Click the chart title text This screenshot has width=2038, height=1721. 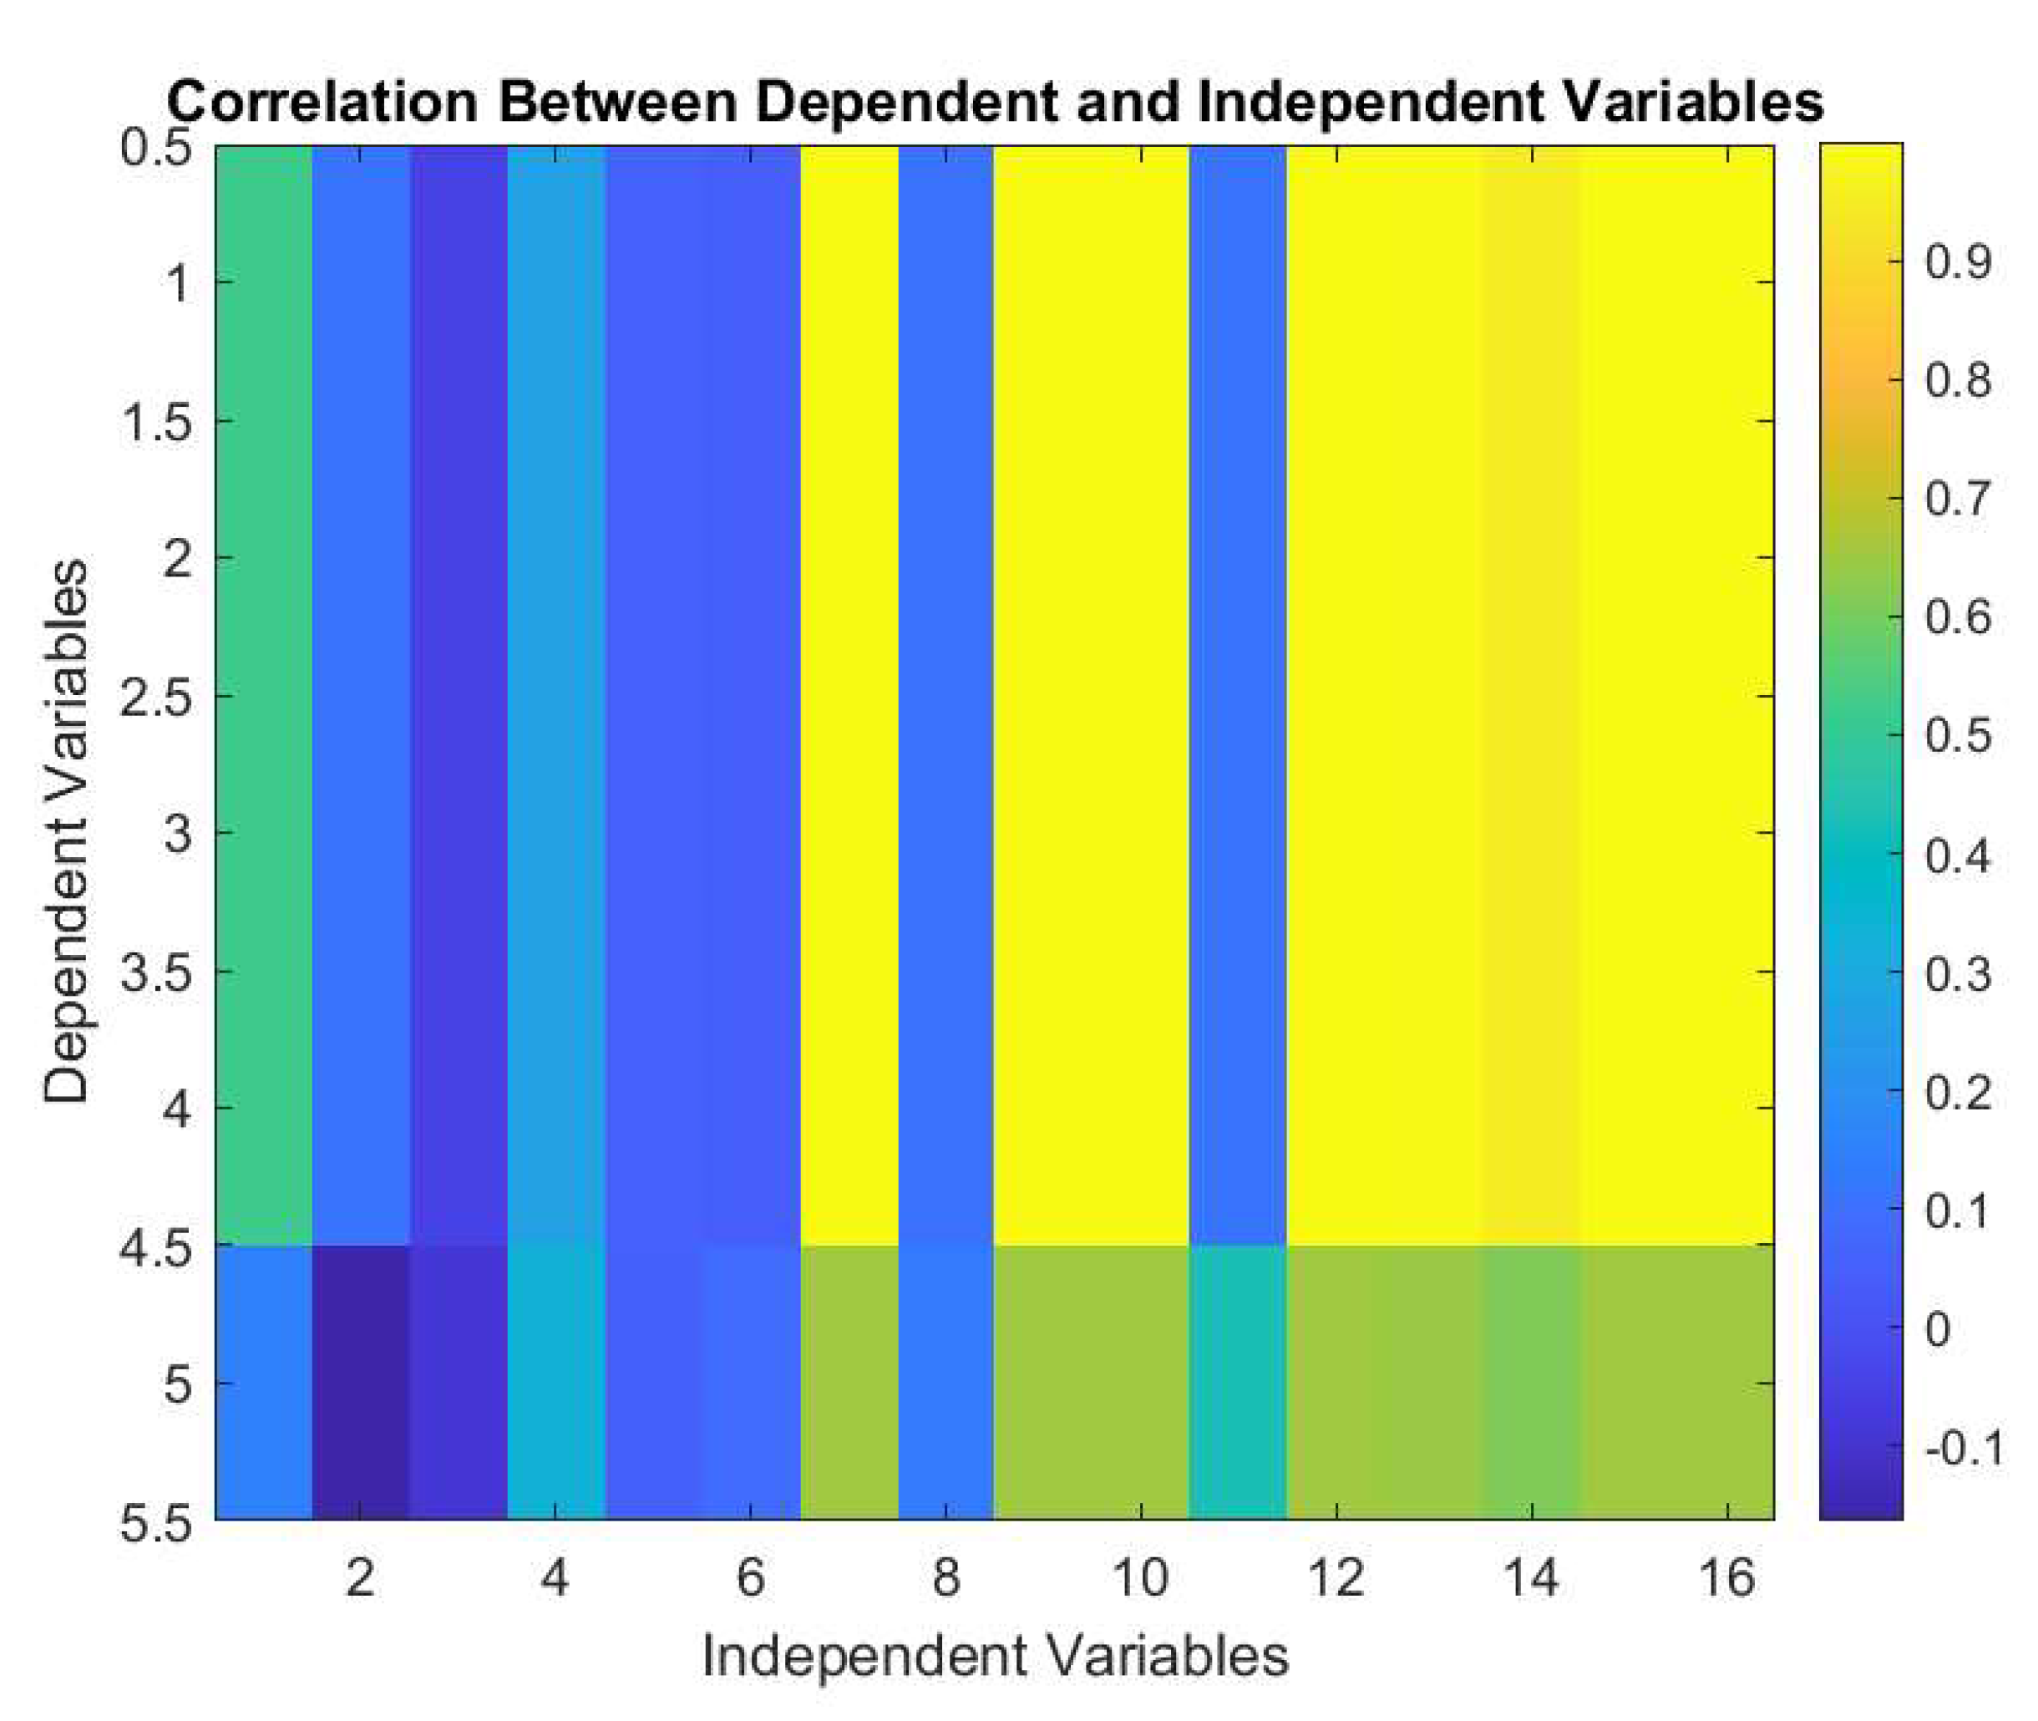click(x=994, y=101)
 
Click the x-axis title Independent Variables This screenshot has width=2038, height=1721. click(x=994, y=1656)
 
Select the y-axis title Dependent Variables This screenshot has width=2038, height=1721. click(x=66, y=831)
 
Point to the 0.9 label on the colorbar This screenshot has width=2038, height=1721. click(x=1958, y=261)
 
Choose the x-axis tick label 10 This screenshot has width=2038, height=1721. click(x=1140, y=1576)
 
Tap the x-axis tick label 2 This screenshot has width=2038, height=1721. click(x=360, y=1576)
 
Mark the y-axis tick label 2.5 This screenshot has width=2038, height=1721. click(x=156, y=698)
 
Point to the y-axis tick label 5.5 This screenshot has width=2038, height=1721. click(x=156, y=1523)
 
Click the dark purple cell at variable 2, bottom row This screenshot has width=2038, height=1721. click(x=360, y=1382)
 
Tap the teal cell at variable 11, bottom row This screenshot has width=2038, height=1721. click(x=1238, y=1382)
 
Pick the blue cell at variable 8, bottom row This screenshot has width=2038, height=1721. click(x=945, y=1382)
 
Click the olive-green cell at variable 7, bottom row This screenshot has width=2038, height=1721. click(x=849, y=1382)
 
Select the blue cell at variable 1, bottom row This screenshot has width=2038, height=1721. click(x=263, y=1382)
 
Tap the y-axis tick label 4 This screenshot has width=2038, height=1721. click(x=176, y=1109)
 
